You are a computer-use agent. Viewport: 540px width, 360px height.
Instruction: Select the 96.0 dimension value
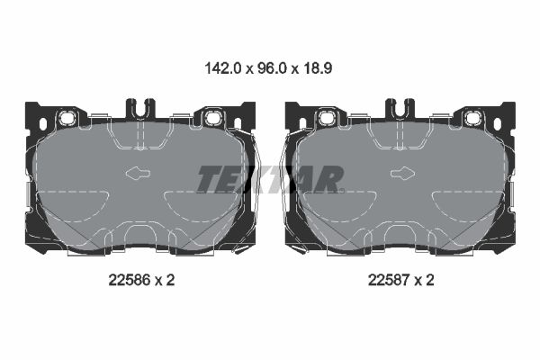270,67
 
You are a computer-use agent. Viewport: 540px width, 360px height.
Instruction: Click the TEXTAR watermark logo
270,179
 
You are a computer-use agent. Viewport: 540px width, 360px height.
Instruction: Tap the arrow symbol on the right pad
400,174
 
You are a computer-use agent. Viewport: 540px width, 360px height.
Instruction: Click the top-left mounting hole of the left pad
67,117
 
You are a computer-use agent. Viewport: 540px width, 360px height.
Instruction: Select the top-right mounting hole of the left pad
213,117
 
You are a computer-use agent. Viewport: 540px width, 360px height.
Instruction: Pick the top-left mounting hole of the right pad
327,117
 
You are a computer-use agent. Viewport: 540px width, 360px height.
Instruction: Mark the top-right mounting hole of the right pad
473,117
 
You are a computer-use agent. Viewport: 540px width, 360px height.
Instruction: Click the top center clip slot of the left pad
140,110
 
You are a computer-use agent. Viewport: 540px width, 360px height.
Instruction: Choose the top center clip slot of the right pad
400,110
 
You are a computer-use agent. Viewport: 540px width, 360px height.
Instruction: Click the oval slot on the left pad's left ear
42,123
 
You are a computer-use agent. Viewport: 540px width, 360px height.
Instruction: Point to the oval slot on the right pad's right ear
497,123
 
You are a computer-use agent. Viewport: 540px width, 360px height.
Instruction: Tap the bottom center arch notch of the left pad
140,236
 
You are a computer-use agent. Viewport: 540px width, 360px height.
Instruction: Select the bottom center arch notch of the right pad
400,236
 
